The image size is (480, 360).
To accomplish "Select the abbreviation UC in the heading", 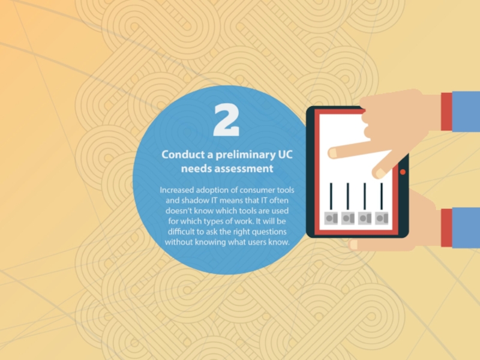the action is pyautogui.click(x=286, y=155).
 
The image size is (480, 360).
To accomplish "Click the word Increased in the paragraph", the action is pyautogui.click(x=177, y=190).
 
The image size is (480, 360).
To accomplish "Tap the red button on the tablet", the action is pyautogui.click(x=403, y=172).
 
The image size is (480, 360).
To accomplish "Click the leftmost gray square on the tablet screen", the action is pyautogui.click(x=331, y=218).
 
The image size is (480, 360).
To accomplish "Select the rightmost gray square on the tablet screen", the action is pyautogui.click(x=382, y=218).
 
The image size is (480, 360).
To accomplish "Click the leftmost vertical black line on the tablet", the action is pyautogui.click(x=331, y=196).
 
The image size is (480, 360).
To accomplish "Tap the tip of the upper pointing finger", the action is pyautogui.click(x=332, y=153).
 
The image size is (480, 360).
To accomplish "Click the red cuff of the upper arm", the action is pyautogui.click(x=446, y=112).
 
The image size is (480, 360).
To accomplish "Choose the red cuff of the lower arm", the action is pyautogui.click(x=446, y=228).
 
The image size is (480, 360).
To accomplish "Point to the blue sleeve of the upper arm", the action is pyautogui.click(x=466, y=112).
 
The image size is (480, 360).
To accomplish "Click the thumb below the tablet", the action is pyautogui.click(x=353, y=245).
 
